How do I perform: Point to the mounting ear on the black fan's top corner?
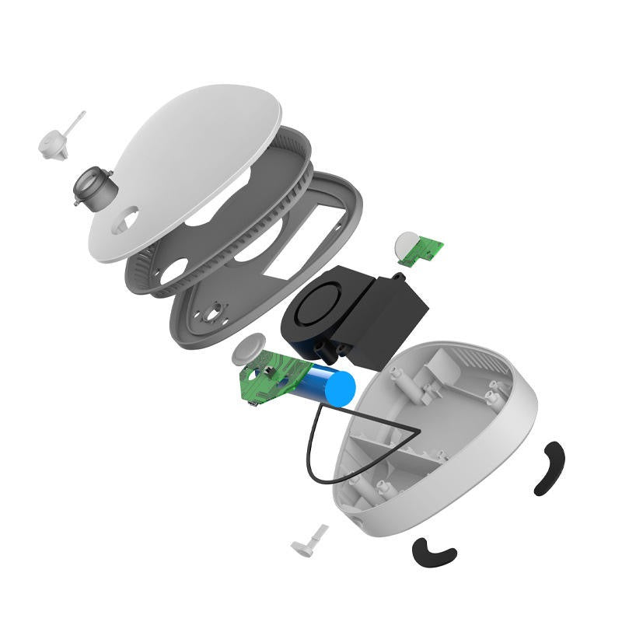pyautogui.click(x=398, y=278)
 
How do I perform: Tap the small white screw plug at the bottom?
pyautogui.click(x=309, y=540)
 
